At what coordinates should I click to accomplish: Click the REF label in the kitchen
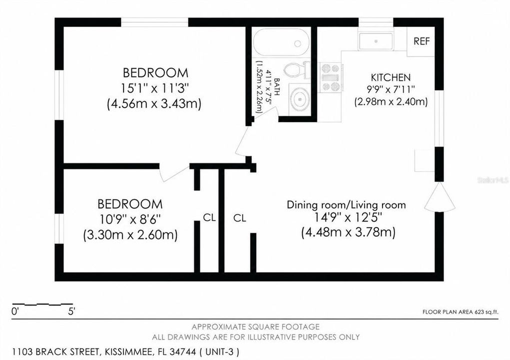pyautogui.click(x=421, y=41)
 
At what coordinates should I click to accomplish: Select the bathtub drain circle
pyautogui.click(x=297, y=43)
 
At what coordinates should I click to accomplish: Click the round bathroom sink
pyautogui.click(x=299, y=99)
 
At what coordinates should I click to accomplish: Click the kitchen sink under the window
pyautogui.click(x=375, y=41)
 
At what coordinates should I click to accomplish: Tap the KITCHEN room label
pyautogui.click(x=390, y=77)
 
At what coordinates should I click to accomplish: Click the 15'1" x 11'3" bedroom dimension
pyautogui.click(x=155, y=88)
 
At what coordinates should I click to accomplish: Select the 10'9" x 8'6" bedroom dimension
pyautogui.click(x=130, y=219)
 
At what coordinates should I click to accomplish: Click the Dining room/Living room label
pyautogui.click(x=346, y=205)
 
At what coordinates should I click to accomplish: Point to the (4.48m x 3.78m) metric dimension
pyautogui.click(x=348, y=232)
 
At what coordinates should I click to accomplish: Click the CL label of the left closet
pyautogui.click(x=209, y=217)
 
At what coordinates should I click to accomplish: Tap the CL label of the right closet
pyautogui.click(x=239, y=218)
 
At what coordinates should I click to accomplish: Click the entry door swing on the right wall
pyautogui.click(x=439, y=197)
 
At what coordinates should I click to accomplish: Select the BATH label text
pyautogui.click(x=277, y=86)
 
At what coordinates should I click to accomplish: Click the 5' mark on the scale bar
pyautogui.click(x=71, y=311)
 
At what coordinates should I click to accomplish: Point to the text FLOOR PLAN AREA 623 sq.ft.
pyautogui.click(x=460, y=312)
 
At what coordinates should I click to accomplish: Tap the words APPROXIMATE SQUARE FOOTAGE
pyautogui.click(x=255, y=326)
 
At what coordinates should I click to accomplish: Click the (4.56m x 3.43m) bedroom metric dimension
pyautogui.click(x=154, y=103)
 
